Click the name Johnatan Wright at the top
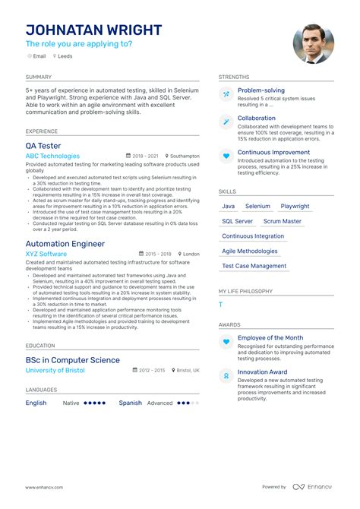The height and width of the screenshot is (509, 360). pyautogui.click(x=93, y=30)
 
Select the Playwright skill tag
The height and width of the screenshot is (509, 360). pyautogui.click(x=295, y=206)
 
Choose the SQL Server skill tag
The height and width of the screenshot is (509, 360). pyautogui.click(x=238, y=221)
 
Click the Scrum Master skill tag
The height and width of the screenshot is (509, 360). pyautogui.click(x=282, y=221)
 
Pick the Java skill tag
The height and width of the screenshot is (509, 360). pyautogui.click(x=229, y=206)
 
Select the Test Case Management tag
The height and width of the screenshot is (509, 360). pyautogui.click(x=254, y=266)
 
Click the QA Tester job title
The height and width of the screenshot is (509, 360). pyautogui.click(x=43, y=145)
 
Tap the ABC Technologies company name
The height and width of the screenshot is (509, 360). pyautogui.click(x=52, y=156)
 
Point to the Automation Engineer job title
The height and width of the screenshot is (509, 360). pyautogui.click(x=65, y=244)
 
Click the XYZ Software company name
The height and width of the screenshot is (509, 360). pyautogui.click(x=46, y=254)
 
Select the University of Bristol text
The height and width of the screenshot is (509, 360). pyautogui.click(x=55, y=370)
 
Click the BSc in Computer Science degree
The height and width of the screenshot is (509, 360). pyautogui.click(x=72, y=360)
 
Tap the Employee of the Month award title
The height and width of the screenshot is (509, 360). pyautogui.click(x=270, y=337)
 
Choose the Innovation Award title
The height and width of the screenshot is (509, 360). pyautogui.click(x=264, y=372)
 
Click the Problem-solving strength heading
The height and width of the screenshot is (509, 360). pyautogui.click(x=261, y=90)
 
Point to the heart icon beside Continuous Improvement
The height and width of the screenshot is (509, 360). pyautogui.click(x=226, y=156)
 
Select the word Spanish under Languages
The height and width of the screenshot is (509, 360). pyautogui.click(x=130, y=403)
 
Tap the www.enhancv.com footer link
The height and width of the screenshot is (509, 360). pyautogui.click(x=44, y=487)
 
